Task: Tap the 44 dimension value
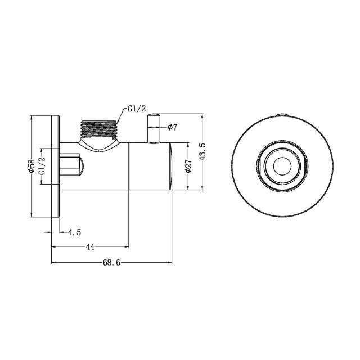(89, 246)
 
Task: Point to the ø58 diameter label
(32, 166)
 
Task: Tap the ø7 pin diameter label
(173, 128)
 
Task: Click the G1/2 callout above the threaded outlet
(137, 109)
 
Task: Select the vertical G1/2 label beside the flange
(42, 166)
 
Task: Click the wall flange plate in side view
(55, 166)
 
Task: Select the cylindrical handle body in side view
(150, 166)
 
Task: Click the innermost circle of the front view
(280, 166)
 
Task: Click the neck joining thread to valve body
(101, 147)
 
